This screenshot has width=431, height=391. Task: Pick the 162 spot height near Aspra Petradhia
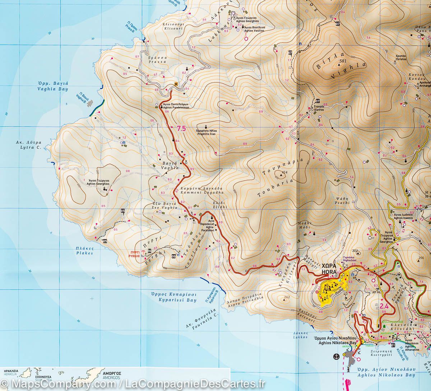point(287,297)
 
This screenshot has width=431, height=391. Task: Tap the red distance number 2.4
point(384,306)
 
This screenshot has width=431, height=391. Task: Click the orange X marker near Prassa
point(176,84)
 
